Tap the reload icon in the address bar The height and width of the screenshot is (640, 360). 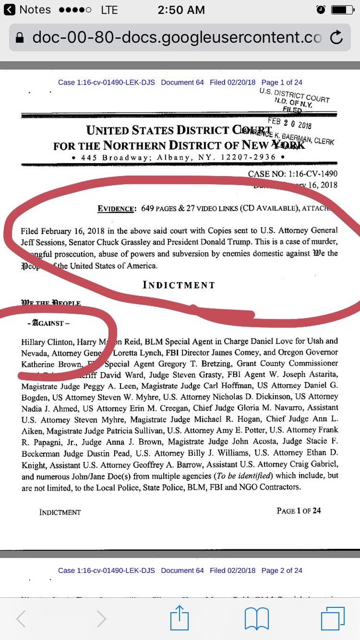click(x=337, y=38)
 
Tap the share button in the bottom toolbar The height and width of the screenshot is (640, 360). click(x=180, y=619)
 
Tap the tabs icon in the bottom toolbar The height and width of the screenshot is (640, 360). click(x=333, y=619)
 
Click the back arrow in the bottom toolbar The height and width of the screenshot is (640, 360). click(x=21, y=619)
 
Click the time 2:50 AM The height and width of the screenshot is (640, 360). click(x=180, y=10)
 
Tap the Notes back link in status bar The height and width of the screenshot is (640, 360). click(x=29, y=10)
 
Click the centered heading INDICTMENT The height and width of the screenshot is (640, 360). click(x=179, y=285)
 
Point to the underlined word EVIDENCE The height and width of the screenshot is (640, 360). click(x=115, y=209)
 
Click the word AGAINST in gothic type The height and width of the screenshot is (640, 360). click(x=49, y=323)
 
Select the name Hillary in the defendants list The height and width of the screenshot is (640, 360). click(x=35, y=341)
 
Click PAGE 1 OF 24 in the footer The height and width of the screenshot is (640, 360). click(x=299, y=511)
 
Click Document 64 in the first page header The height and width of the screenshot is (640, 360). click(x=182, y=82)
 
